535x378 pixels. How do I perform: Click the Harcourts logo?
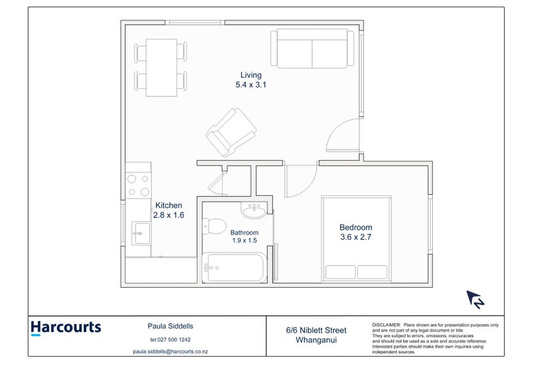pos(66,328)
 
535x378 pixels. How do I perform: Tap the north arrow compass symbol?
pos(475,300)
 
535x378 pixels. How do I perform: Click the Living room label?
pos(251,75)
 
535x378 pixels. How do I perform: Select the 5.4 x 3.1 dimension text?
pos(251,85)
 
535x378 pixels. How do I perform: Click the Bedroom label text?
pos(355,227)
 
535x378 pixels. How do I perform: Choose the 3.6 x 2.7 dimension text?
pos(355,237)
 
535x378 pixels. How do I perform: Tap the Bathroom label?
pos(244,232)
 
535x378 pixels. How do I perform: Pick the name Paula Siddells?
pos(171,327)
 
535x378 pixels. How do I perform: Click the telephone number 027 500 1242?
pos(171,339)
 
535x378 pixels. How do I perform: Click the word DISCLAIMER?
pos(386,323)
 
